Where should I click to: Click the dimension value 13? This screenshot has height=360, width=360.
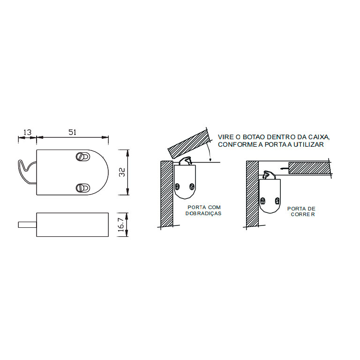coord(27,133)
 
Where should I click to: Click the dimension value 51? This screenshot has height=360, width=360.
coord(72,133)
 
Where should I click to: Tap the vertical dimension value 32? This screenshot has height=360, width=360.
coord(123,172)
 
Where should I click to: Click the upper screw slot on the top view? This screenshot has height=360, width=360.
coord(82,157)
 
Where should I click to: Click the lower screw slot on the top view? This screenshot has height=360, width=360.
coord(82,188)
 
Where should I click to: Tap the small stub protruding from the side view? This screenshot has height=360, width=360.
coord(27,225)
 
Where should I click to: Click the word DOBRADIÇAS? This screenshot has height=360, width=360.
coord(203,214)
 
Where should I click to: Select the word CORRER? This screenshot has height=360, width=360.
coord(303,215)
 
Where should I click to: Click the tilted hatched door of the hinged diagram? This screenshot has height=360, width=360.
coord(189,144)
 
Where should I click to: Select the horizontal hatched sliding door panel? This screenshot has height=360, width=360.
coord(309,168)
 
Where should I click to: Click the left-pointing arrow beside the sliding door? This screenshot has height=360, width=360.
coord(284,168)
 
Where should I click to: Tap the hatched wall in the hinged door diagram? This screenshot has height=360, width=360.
coord(167,194)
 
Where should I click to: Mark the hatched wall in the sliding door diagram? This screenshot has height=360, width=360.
coord(252,194)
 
